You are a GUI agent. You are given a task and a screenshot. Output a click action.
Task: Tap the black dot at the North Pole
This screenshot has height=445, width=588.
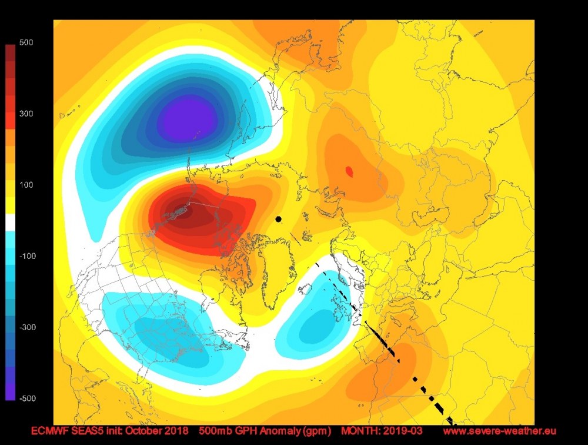278,220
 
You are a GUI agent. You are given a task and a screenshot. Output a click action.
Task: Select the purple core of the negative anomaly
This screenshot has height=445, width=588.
188,118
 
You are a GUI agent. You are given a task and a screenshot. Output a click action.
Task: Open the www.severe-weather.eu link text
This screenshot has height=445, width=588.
499,431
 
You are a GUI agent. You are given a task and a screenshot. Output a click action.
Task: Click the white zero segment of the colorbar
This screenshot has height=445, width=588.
11,222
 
